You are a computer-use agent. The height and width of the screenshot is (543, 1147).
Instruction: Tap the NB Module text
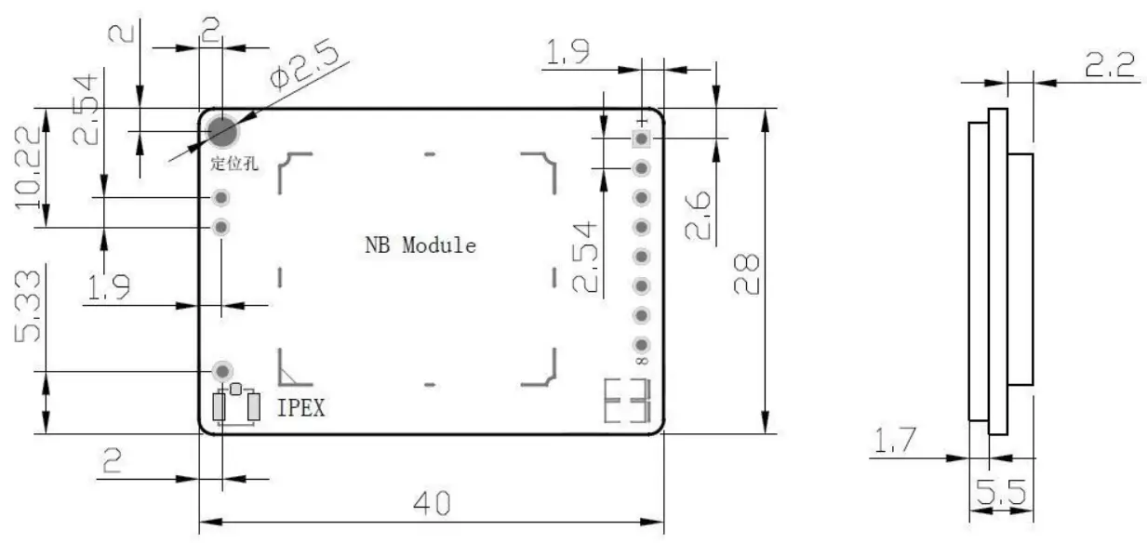click(420, 245)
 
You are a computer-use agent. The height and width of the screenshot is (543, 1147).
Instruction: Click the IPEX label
click(301, 407)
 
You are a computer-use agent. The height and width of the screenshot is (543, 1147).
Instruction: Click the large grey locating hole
click(221, 133)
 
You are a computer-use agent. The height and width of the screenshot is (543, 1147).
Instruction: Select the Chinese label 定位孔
click(234, 165)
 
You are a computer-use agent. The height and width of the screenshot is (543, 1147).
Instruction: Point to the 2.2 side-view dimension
click(1109, 64)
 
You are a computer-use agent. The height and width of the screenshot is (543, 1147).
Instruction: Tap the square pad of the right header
click(641, 139)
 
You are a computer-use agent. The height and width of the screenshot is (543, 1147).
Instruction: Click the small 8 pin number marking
click(641, 360)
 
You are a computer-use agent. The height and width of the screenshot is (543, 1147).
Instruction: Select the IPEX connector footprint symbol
click(235, 406)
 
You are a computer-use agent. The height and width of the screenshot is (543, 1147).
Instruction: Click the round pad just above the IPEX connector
click(223, 371)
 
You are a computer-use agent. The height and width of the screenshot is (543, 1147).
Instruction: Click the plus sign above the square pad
click(641, 122)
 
